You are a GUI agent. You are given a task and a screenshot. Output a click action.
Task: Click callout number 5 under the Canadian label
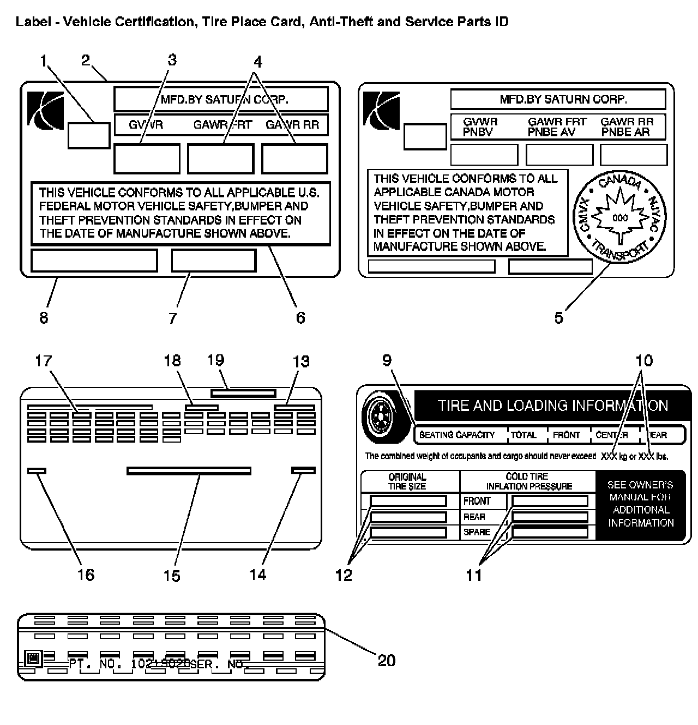[559, 318]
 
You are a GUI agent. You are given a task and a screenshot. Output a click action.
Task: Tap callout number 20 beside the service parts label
[387, 661]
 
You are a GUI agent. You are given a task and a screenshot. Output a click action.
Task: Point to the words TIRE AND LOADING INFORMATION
[552, 406]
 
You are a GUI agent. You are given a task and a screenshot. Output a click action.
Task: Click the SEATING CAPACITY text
[457, 435]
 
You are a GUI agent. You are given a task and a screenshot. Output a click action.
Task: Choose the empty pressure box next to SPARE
[550, 532]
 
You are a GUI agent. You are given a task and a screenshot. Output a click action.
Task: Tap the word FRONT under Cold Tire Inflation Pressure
[477, 501]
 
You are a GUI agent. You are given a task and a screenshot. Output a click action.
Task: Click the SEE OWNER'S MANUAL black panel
[641, 504]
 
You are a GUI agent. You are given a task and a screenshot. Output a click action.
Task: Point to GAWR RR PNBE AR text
[627, 127]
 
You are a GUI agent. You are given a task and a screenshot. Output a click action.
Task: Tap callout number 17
[44, 361]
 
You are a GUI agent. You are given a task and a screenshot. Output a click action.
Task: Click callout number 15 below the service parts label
[172, 576]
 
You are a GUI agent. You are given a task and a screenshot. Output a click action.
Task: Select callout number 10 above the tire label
[644, 361]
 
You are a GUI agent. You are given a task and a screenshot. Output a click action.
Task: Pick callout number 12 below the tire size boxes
[344, 575]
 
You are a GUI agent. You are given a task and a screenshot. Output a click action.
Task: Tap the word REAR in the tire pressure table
[474, 517]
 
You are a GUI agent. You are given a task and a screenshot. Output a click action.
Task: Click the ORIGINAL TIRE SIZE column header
[407, 481]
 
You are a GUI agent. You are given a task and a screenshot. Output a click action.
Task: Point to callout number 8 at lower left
[44, 318]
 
